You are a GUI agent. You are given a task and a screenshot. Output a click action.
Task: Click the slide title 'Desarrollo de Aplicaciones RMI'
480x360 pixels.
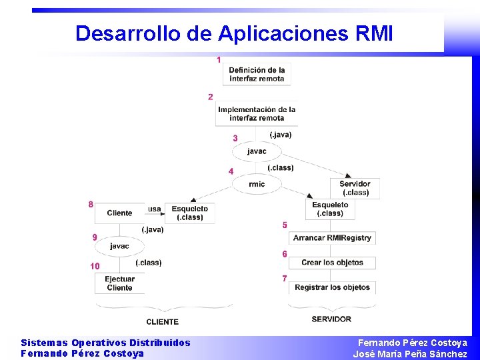click(x=234, y=33)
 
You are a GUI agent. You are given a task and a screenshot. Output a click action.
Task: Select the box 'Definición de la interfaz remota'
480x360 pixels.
click(x=257, y=74)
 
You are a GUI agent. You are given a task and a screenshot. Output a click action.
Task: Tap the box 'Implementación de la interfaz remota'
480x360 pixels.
click(x=257, y=113)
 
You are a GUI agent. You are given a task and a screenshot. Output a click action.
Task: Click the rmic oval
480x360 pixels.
click(x=257, y=184)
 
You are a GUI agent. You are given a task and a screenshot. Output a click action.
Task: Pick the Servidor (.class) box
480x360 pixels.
click(x=355, y=188)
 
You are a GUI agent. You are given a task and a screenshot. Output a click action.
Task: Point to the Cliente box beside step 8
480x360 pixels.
click(x=120, y=213)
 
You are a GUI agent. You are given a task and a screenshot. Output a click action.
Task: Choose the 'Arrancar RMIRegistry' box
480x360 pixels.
click(x=333, y=238)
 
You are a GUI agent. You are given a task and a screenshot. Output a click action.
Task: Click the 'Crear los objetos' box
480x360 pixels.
click(x=332, y=263)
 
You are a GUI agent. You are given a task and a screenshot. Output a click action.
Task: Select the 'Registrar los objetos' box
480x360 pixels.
click(x=332, y=287)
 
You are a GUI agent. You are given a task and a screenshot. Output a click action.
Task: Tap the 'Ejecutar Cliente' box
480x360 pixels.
click(x=120, y=283)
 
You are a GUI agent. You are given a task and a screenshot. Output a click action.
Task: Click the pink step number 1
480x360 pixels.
click(x=219, y=60)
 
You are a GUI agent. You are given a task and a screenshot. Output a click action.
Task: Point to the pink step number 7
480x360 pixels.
click(x=285, y=279)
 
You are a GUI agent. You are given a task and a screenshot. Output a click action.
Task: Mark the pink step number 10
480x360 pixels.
click(x=95, y=266)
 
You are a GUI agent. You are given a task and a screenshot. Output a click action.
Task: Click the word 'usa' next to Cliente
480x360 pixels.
click(x=154, y=209)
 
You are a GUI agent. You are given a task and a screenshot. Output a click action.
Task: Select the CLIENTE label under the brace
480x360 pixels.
click(x=163, y=322)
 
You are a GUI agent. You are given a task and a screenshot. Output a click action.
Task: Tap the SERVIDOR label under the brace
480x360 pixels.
click(x=331, y=319)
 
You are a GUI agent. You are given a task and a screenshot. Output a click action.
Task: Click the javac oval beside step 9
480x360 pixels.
click(x=120, y=246)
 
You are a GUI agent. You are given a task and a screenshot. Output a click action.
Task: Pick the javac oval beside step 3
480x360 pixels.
click(x=257, y=151)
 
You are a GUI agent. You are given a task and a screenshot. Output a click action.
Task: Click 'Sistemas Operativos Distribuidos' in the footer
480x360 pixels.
click(x=105, y=343)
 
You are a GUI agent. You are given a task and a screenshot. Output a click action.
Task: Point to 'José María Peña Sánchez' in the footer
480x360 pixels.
click(x=410, y=354)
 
